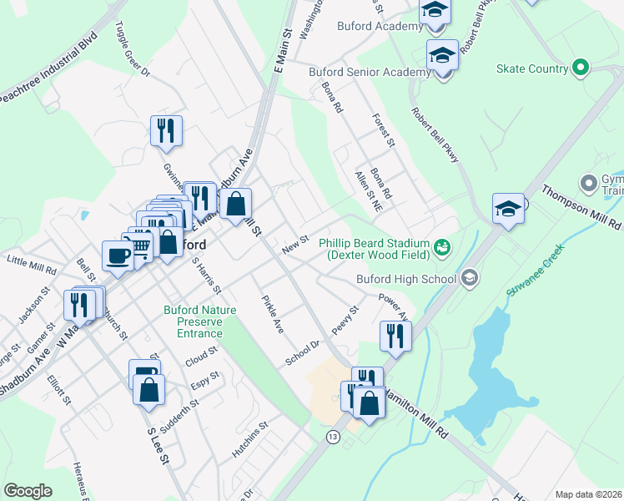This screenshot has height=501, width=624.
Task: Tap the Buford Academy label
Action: pos(380,27)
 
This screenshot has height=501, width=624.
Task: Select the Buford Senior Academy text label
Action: pos(370,73)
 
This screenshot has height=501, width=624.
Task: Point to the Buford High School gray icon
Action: pos(469,278)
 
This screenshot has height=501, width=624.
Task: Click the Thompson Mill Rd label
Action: pos(583,209)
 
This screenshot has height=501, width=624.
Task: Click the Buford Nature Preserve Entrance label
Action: pos(194,321)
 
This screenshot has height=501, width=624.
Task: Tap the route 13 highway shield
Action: pos(333,437)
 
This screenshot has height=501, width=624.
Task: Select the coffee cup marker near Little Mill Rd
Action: pos(117,255)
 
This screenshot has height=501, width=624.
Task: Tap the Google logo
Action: pos(28,491)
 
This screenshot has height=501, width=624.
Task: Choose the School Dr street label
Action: pos(303,352)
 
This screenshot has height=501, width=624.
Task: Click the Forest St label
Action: pos(384,130)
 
